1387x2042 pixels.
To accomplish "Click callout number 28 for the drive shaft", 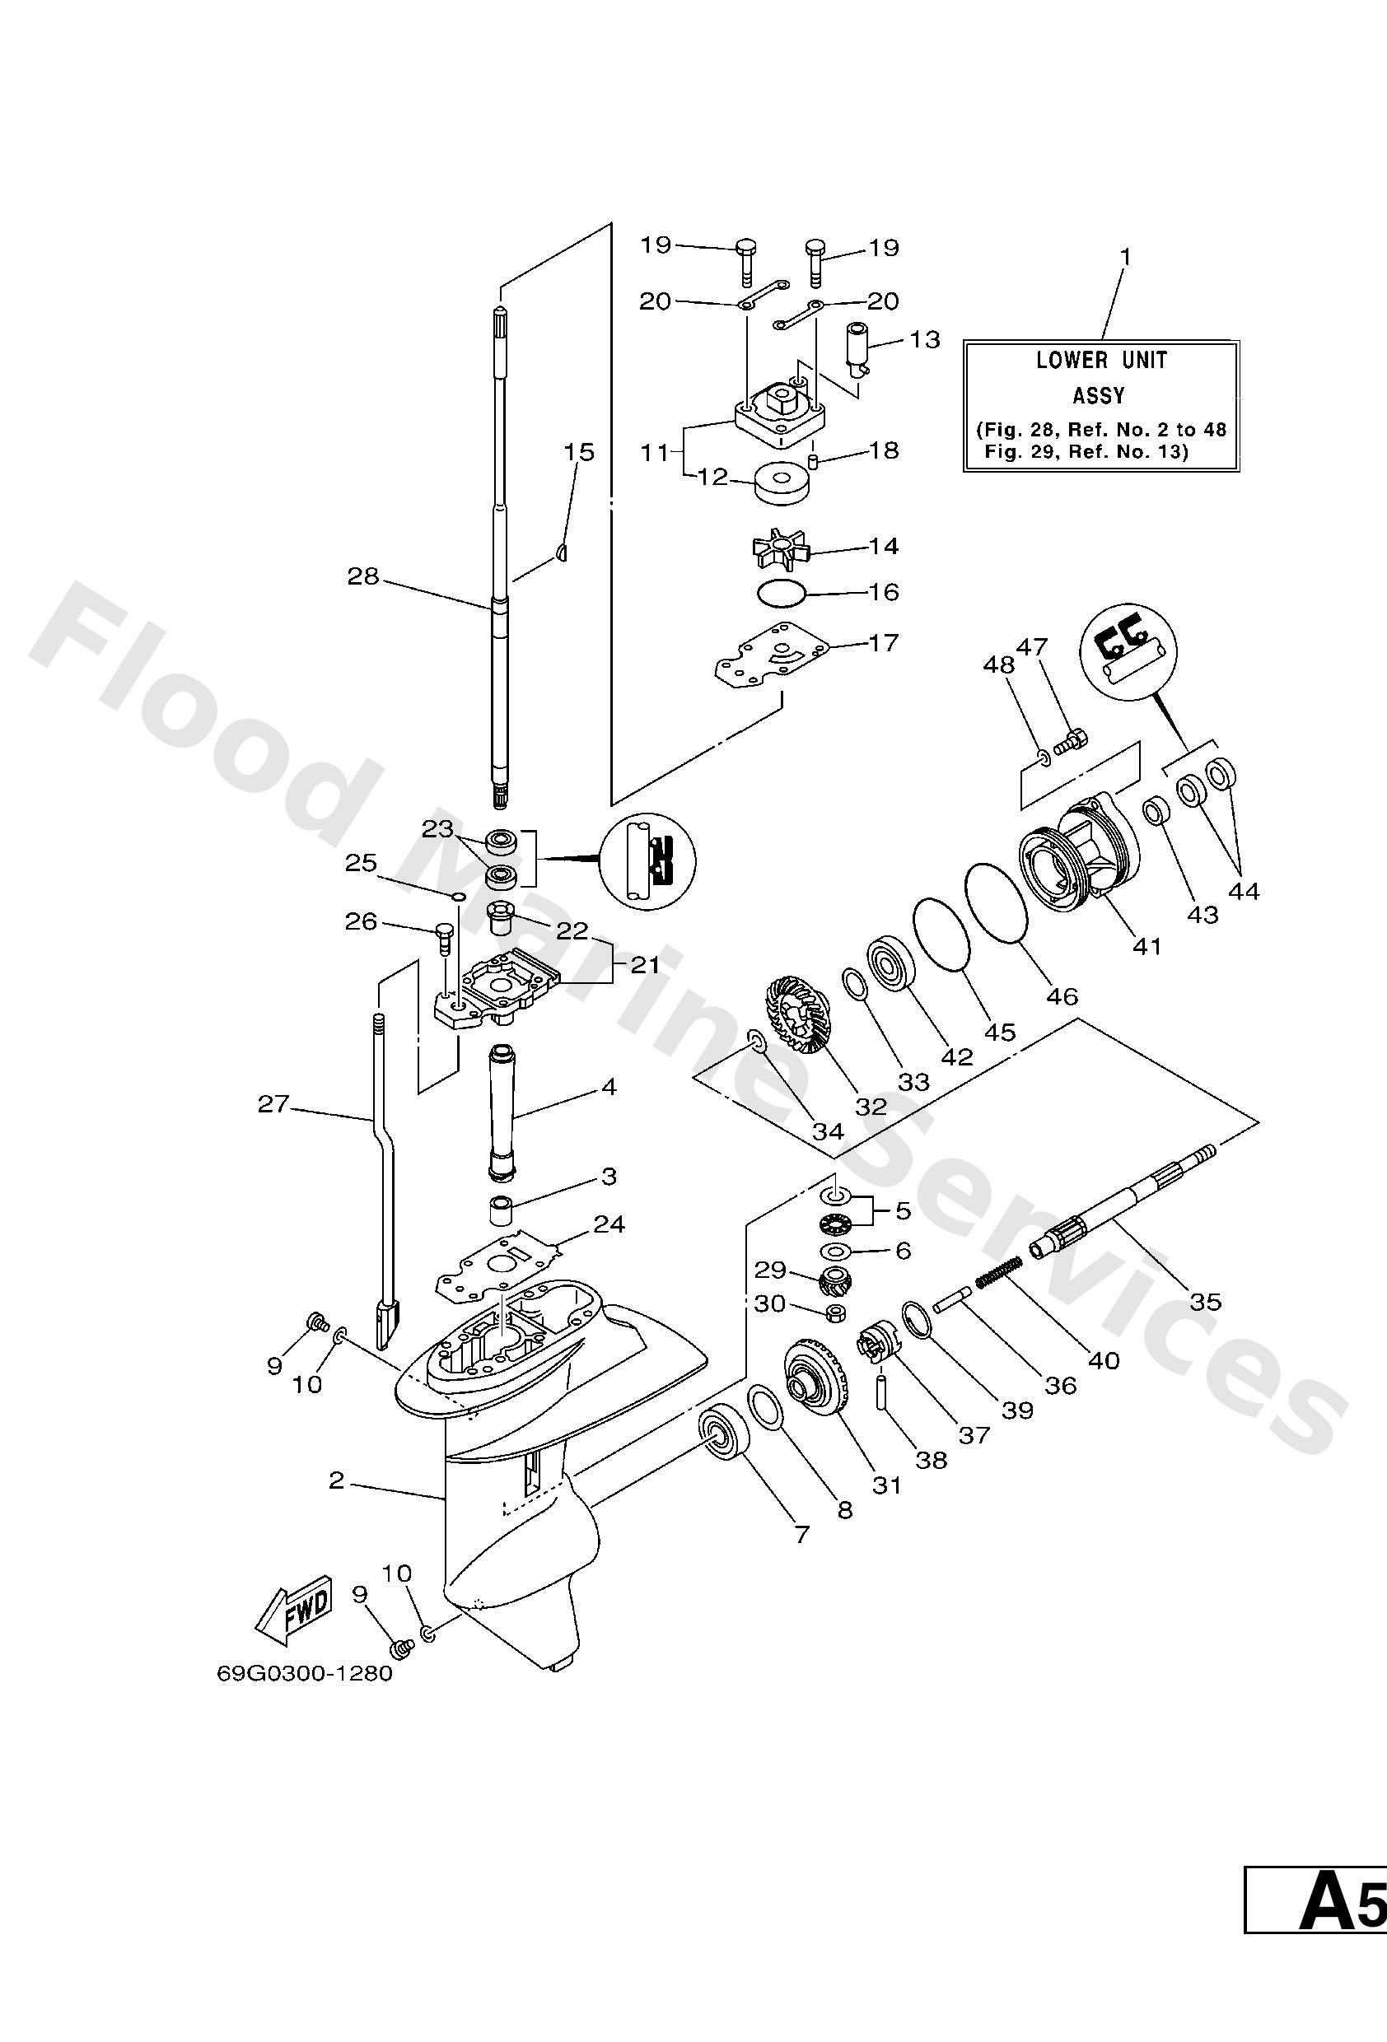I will pyautogui.click(x=362, y=576).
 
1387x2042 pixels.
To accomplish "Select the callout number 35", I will pyautogui.click(x=1205, y=1300).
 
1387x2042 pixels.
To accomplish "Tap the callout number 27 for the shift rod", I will pyautogui.click(x=273, y=1103).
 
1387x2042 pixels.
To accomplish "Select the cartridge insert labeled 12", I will pyautogui.click(x=781, y=484).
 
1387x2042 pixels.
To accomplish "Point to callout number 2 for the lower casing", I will pyautogui.click(x=336, y=1480).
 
